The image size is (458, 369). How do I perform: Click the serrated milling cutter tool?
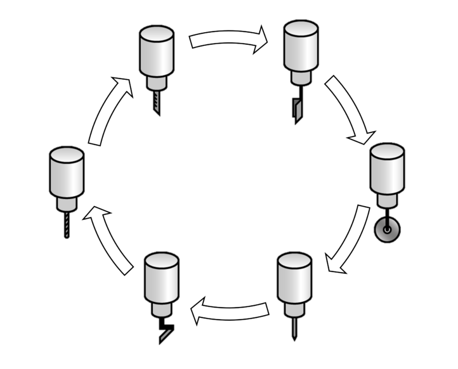(x=156, y=103)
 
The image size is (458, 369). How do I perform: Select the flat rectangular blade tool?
(x=297, y=109)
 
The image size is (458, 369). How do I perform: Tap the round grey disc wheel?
(x=388, y=230)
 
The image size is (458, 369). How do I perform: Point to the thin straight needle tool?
(x=295, y=327)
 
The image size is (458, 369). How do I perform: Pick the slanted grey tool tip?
(x=167, y=334)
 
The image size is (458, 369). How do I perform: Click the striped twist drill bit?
(x=67, y=224)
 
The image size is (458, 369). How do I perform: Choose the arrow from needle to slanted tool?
(x=229, y=311)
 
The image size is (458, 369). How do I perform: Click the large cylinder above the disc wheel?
(x=388, y=169)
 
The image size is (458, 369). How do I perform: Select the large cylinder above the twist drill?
(x=67, y=172)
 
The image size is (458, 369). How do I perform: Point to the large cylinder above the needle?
(x=294, y=278)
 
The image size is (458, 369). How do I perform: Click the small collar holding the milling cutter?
(x=156, y=83)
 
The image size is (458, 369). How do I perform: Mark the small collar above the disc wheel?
(x=388, y=200)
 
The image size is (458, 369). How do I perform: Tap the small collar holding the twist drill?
(x=67, y=204)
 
